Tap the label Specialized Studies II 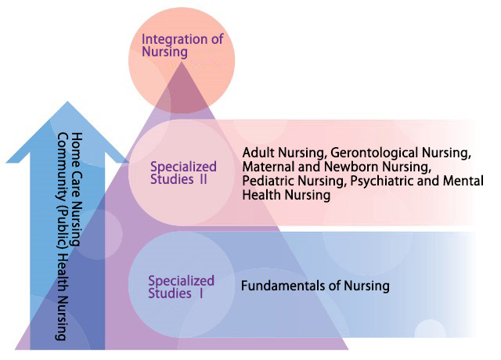183,173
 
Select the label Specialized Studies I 181,287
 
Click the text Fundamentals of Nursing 315,286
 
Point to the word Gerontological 374,153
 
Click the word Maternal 269,167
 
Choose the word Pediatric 268,181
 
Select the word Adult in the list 258,153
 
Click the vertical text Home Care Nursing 77,189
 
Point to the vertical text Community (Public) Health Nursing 63,236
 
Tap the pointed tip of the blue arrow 67,102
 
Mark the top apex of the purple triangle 182,62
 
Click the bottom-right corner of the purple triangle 348,349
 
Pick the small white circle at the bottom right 430,329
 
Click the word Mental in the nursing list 463,181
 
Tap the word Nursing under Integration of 164,52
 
